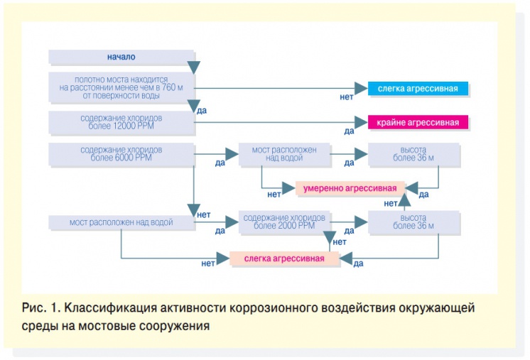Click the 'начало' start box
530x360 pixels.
(121, 57)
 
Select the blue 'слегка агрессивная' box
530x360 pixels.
(418, 89)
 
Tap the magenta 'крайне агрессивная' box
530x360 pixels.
(418, 122)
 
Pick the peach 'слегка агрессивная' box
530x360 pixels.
(284, 258)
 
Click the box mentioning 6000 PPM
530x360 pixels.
(121, 154)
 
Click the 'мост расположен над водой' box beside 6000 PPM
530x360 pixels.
(284, 154)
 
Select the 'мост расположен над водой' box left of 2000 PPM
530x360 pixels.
(121, 222)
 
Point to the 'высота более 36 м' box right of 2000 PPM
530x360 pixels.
(413, 222)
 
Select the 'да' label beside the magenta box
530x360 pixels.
(349, 131)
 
